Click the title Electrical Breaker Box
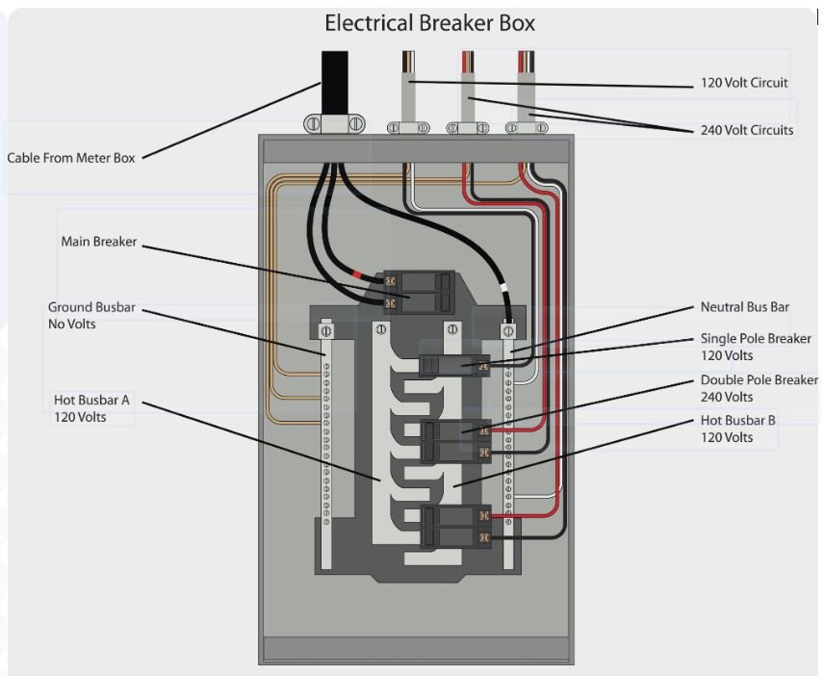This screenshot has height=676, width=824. click(x=429, y=22)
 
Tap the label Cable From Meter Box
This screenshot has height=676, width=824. click(x=71, y=158)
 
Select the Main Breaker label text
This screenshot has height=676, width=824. click(x=99, y=242)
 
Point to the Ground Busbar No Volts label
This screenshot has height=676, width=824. click(x=91, y=316)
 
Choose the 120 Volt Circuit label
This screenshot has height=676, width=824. click(x=743, y=83)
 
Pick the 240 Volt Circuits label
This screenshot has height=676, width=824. click(x=747, y=130)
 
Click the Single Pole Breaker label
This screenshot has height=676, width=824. click(x=756, y=347)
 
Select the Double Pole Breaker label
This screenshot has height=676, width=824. click(x=759, y=388)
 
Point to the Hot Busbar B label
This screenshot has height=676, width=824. click(x=739, y=429)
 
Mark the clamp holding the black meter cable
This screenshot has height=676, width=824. click(x=334, y=124)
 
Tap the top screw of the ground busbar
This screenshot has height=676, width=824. click(x=326, y=330)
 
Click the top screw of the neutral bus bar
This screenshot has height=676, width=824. click(x=507, y=330)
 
